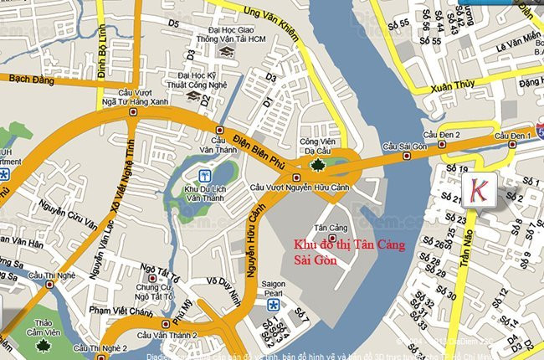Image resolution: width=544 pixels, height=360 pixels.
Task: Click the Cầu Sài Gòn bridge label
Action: (405, 147)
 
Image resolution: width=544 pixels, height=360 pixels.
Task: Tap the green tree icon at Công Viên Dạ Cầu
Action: (318, 164)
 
